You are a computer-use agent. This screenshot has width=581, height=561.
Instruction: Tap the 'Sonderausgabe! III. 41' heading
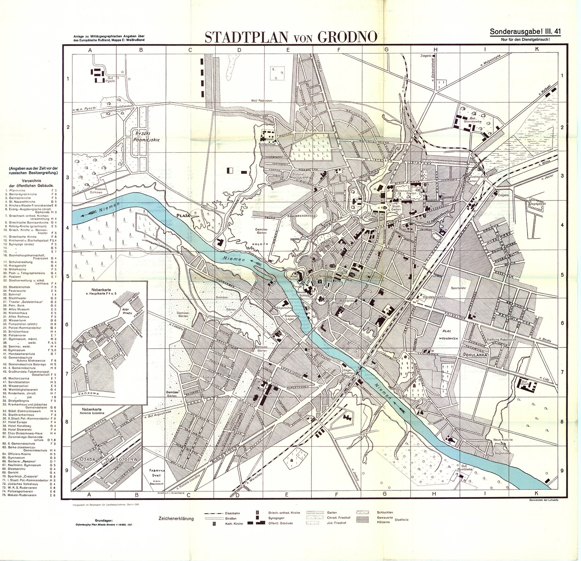[x=525, y=32]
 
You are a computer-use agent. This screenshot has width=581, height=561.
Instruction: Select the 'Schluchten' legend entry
[x=385, y=512]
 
